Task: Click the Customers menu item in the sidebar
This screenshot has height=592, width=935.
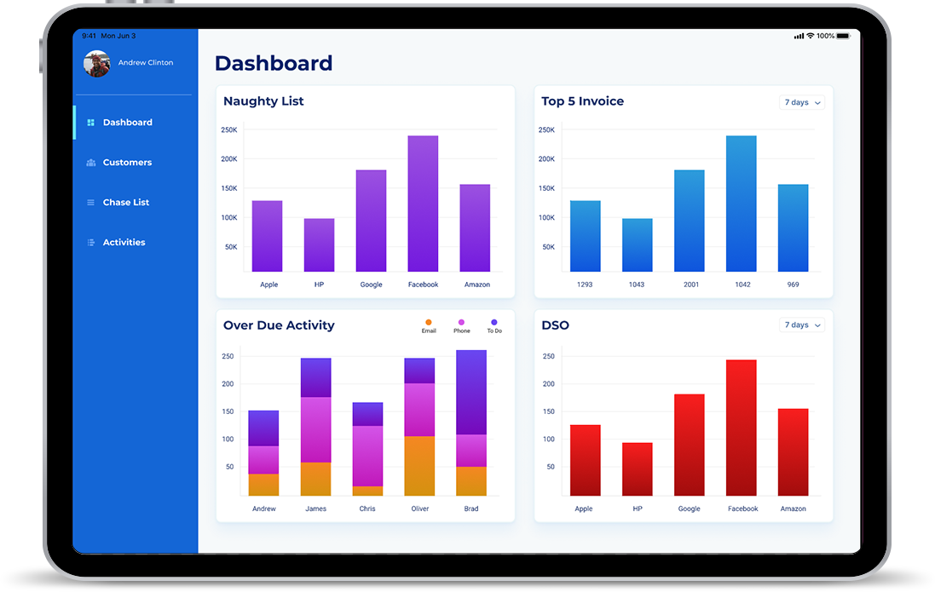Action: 127,163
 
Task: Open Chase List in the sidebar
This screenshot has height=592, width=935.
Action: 125,203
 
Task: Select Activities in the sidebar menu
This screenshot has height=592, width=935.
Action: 124,243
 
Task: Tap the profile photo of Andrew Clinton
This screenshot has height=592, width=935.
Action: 97,64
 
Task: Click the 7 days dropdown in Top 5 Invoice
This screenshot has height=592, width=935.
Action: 802,103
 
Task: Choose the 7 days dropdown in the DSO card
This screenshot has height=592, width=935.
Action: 802,325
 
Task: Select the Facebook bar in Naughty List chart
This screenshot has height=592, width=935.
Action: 423,204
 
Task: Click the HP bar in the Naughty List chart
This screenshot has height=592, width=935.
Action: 319,245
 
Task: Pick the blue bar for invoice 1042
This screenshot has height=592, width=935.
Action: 742,204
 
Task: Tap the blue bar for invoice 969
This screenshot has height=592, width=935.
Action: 793,228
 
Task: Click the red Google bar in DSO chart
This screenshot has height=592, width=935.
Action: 690,445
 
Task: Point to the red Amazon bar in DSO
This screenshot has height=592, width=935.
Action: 793,452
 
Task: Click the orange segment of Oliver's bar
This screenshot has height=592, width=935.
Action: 419,466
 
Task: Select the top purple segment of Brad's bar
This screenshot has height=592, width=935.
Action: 471,392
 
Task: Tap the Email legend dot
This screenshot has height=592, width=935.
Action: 429,322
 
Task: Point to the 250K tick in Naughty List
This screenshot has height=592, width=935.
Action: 228,130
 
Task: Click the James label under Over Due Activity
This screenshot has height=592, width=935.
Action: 315,509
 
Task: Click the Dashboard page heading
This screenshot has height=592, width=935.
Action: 274,63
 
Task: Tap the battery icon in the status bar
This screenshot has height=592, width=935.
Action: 843,37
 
